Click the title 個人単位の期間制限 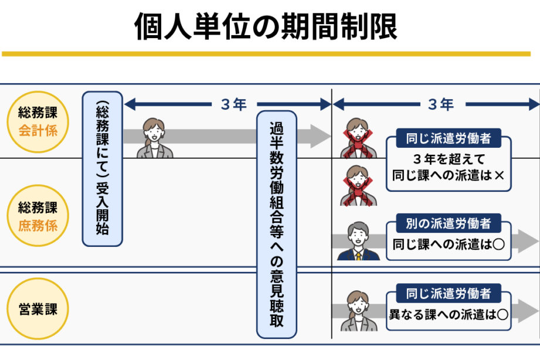pos(266,26)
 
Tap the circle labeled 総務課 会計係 pos(38,121)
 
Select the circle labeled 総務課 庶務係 pos(38,216)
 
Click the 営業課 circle pos(38,309)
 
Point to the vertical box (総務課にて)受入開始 pos(102,169)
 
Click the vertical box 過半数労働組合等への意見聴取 pos(277,225)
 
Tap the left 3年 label pos(234,104)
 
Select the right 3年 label pos(441,104)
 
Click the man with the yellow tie pos(358,241)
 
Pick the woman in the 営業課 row pos(358,311)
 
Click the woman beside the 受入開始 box pos(155,138)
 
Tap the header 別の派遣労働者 pos(449,223)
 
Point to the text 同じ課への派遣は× pos(448,175)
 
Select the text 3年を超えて pos(449,159)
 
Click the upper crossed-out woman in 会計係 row pos(358,138)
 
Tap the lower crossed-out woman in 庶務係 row pos(358,186)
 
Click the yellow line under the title pos(266,54)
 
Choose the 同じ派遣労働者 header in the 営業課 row pos(449,294)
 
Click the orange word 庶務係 pos(38,226)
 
